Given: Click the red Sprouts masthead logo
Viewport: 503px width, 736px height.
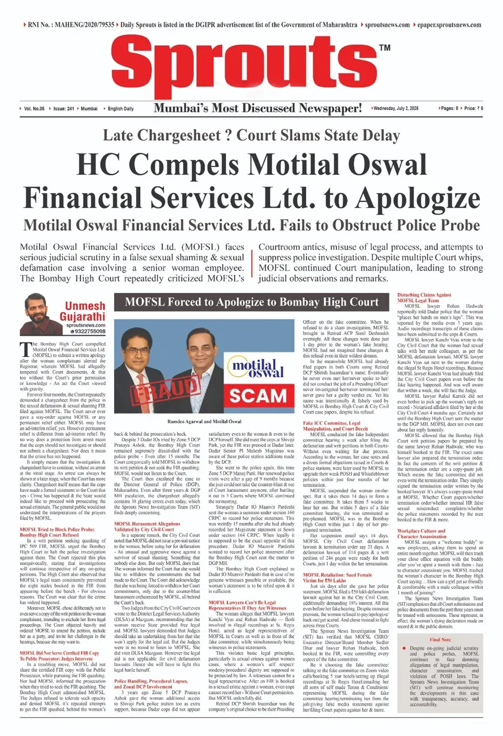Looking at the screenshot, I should tap(246, 67).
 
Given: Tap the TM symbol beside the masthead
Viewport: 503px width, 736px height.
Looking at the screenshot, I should tap(384, 48).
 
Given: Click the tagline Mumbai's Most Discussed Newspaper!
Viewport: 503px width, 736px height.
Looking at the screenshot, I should tap(258, 108).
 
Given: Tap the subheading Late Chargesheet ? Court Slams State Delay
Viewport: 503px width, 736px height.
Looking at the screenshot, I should tap(251, 135).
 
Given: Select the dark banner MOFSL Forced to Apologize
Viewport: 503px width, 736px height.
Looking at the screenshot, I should tap(251, 302).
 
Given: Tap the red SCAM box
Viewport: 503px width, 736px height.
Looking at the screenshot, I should tap(258, 395).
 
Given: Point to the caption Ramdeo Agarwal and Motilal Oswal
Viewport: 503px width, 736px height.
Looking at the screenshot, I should tap(204, 421).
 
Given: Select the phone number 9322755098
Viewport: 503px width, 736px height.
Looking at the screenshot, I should tap(88, 331).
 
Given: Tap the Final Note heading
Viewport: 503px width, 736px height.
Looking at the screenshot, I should tap(440, 639).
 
